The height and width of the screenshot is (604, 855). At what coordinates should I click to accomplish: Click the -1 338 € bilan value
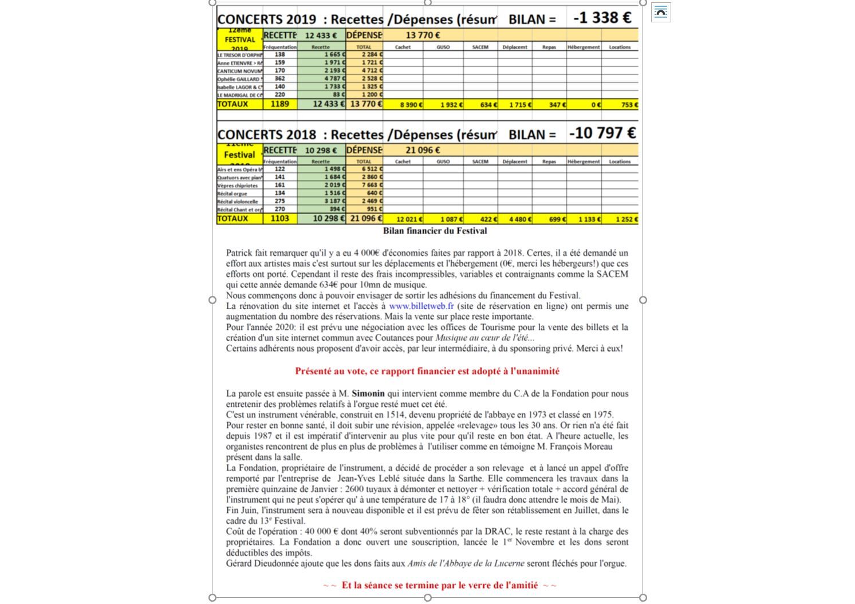(x=602, y=18)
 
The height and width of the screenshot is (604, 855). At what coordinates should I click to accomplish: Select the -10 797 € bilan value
(x=602, y=133)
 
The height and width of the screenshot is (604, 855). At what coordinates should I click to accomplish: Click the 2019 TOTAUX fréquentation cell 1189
(x=279, y=104)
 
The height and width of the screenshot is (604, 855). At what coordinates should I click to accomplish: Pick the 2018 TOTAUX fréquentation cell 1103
(x=279, y=218)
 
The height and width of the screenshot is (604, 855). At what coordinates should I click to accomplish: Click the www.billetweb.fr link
(x=421, y=306)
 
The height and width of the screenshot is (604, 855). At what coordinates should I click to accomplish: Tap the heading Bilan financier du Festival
(x=435, y=231)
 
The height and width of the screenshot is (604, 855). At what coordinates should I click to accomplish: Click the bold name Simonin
(x=368, y=393)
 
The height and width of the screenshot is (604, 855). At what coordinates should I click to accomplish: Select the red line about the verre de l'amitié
(x=439, y=585)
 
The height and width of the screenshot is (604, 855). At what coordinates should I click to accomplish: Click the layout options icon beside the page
(x=661, y=12)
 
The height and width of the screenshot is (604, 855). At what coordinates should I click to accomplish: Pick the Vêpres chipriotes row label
(x=238, y=185)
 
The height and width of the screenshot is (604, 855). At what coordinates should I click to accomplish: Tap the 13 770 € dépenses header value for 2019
(x=423, y=35)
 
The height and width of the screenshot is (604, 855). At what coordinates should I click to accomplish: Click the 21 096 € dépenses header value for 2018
(x=423, y=150)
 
